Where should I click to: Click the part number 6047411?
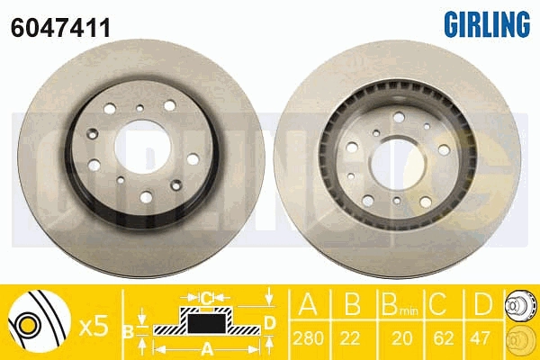[x=60, y=28]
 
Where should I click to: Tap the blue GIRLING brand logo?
[x=487, y=23]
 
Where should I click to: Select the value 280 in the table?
[x=309, y=338]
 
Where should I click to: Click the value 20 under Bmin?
[x=401, y=338]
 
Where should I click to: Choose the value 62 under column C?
[x=443, y=338]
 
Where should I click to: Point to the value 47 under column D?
[x=480, y=338]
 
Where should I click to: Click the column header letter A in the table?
[x=308, y=304]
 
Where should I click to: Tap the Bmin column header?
[x=400, y=304]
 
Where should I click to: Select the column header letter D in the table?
[x=483, y=304]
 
